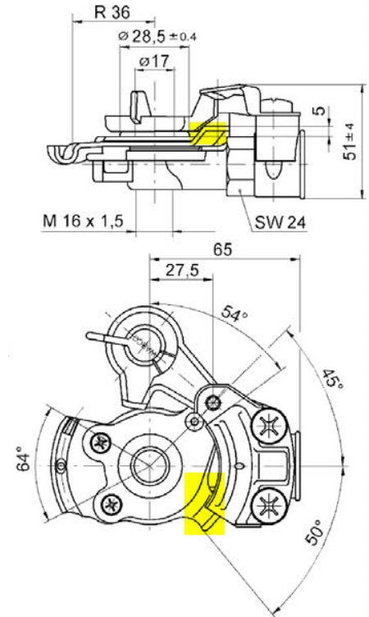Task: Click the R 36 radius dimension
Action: point(112,14)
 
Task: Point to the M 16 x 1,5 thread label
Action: point(83,221)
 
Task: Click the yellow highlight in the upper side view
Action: point(208,133)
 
